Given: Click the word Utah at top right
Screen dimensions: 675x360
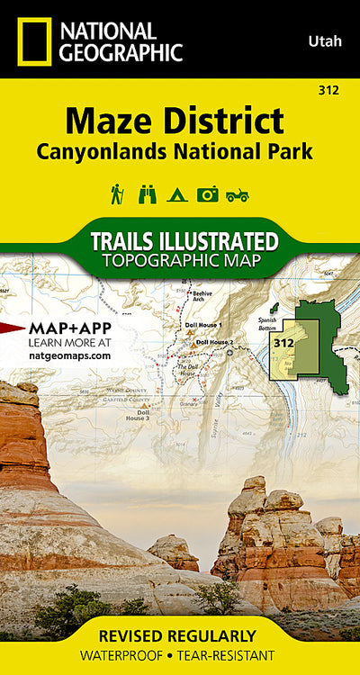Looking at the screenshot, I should point(324,40).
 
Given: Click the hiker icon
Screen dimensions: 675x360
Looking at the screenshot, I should point(117,193).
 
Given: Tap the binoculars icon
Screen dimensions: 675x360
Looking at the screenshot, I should point(147,193).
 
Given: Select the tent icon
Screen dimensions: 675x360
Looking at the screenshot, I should point(177,193).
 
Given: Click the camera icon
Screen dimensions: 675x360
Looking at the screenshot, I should point(208,193).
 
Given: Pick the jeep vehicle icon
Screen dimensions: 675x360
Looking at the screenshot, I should point(238,193).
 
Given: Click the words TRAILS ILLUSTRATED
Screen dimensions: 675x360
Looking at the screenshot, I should point(184,241).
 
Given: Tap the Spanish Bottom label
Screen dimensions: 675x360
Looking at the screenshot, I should point(265,322).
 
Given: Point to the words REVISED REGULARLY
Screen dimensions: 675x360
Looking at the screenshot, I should point(179,635).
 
